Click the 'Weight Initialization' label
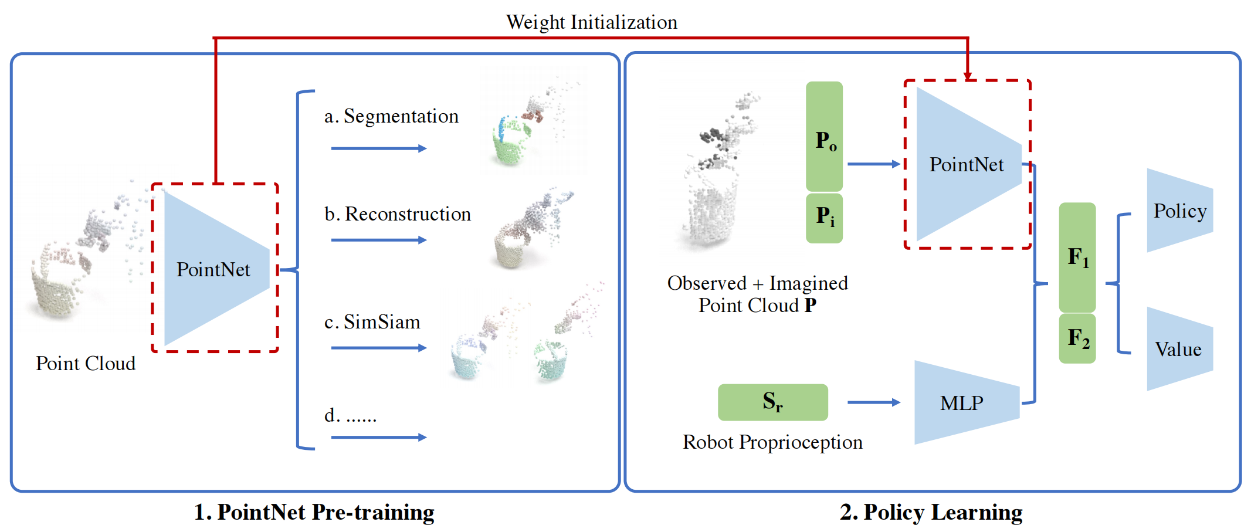[591, 22]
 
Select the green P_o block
[824, 136]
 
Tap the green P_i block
[824, 218]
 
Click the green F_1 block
[1077, 257]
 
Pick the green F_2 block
[1077, 338]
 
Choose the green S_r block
[773, 402]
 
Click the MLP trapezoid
[967, 402]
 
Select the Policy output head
[1179, 211]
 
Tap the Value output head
[1179, 349]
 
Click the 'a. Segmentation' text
[391, 116]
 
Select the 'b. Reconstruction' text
[398, 214]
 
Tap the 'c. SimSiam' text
[372, 322]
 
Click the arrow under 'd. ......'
[379, 437]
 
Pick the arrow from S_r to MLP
[874, 402]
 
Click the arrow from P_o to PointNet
[874, 164]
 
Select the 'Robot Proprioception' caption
[772, 442]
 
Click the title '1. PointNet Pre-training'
[314, 512]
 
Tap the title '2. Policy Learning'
[931, 512]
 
